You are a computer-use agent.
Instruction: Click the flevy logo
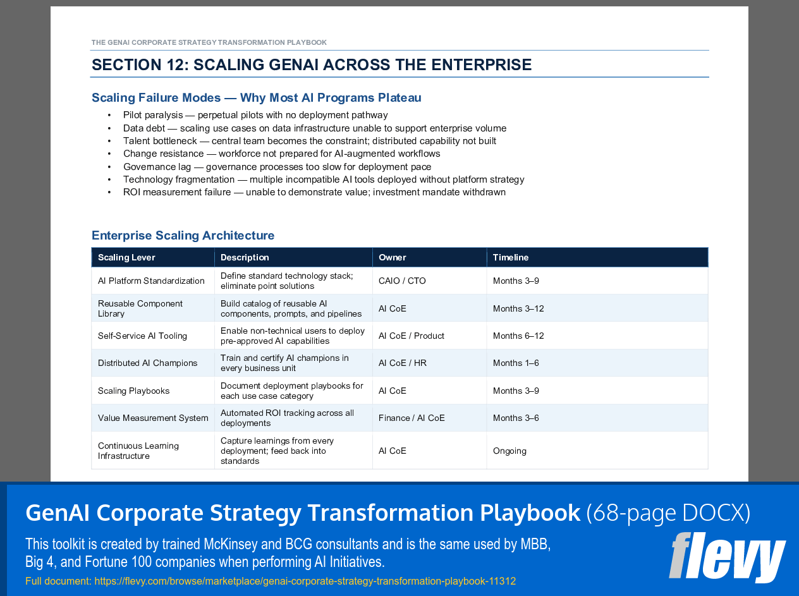(727, 557)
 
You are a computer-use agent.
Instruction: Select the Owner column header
(392, 257)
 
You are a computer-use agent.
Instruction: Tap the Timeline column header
(510, 257)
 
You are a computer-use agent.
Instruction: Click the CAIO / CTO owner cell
(402, 281)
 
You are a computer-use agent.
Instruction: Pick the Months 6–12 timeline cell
(518, 336)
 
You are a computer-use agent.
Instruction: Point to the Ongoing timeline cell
(509, 451)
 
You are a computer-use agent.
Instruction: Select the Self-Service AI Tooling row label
(142, 336)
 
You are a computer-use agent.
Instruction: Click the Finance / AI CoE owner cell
(412, 418)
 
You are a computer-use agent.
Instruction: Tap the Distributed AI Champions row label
(147, 363)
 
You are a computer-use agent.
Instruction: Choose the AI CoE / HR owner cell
(402, 363)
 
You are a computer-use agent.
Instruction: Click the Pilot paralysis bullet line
(255, 115)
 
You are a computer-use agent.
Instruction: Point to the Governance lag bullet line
(277, 167)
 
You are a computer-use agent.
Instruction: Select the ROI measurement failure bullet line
(314, 192)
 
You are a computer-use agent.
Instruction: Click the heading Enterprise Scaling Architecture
(183, 236)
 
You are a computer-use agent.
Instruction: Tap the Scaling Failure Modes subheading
(256, 98)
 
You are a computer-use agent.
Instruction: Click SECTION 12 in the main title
(138, 65)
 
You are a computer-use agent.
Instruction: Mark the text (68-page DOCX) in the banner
(668, 513)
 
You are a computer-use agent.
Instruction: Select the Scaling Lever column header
(126, 257)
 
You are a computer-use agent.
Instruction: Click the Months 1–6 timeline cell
(516, 363)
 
